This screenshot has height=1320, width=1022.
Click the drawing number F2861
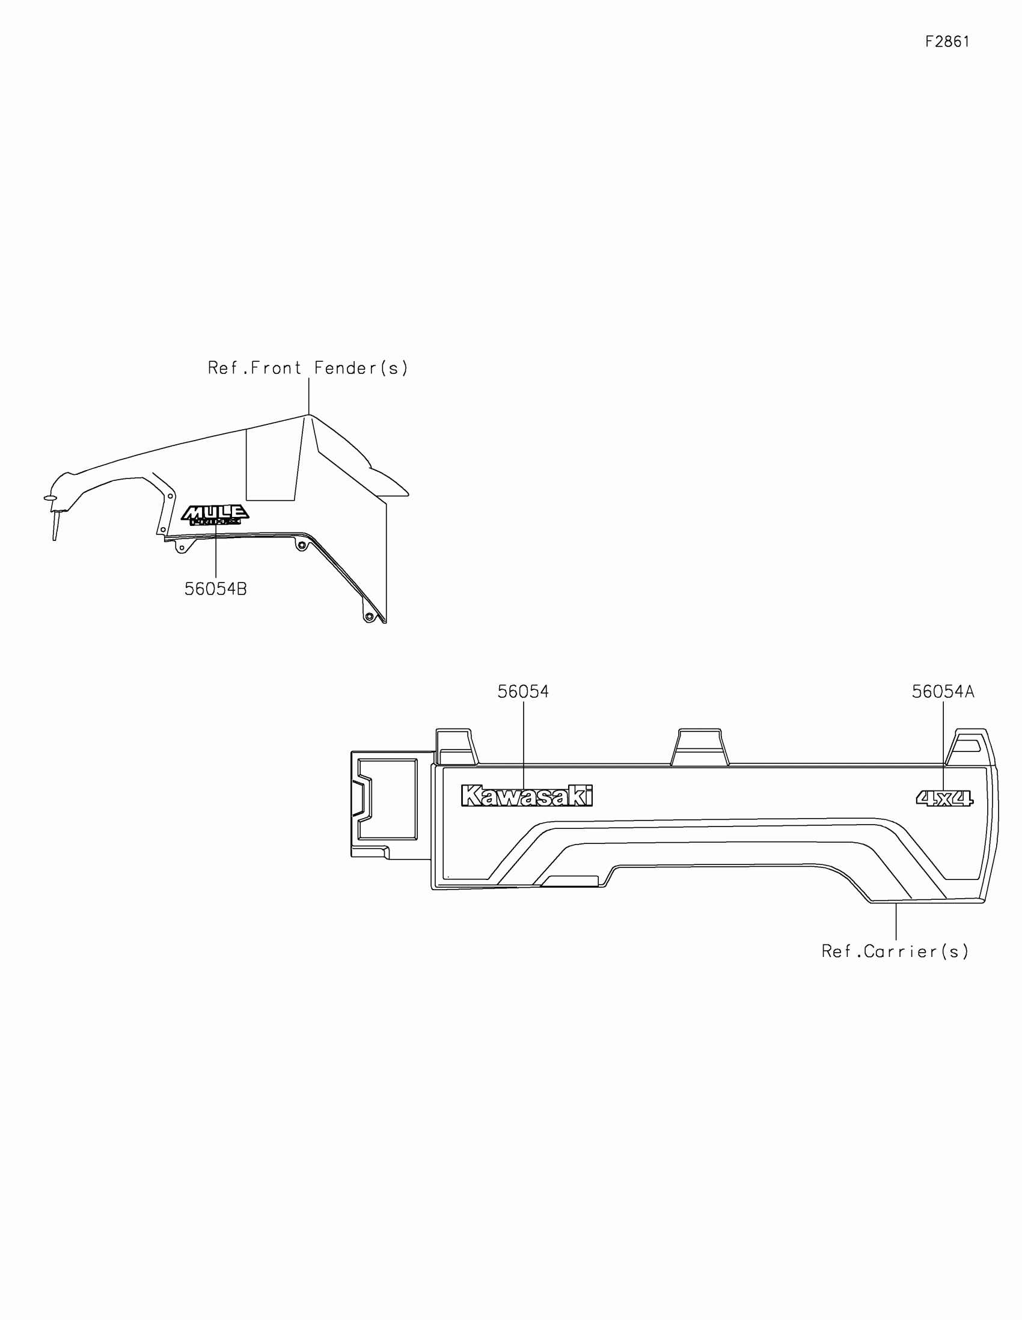click(x=947, y=41)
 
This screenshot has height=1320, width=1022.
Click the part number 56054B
click(x=215, y=588)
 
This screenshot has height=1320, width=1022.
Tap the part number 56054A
click(x=943, y=691)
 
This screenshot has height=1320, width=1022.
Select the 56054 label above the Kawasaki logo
click(x=523, y=691)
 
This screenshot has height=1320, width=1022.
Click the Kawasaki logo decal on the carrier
click(x=527, y=796)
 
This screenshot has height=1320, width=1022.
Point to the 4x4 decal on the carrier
click(x=944, y=798)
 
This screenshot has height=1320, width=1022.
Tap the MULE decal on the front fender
click(x=215, y=515)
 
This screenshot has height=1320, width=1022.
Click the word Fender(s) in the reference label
click(x=361, y=368)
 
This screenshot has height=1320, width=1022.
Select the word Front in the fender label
click(x=275, y=368)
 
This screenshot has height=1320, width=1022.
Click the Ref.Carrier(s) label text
click(x=895, y=952)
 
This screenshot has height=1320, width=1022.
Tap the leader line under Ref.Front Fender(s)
click(x=309, y=396)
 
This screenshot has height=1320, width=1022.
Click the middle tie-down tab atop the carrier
click(x=699, y=747)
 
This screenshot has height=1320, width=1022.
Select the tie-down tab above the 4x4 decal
click(x=970, y=747)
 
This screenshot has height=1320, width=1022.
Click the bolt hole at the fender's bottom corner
click(x=369, y=617)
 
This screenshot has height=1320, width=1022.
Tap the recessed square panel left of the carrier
click(x=387, y=799)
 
